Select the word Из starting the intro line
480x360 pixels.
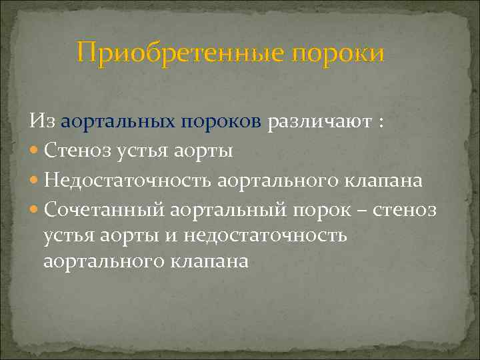[41, 122]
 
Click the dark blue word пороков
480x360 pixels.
[223, 123]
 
